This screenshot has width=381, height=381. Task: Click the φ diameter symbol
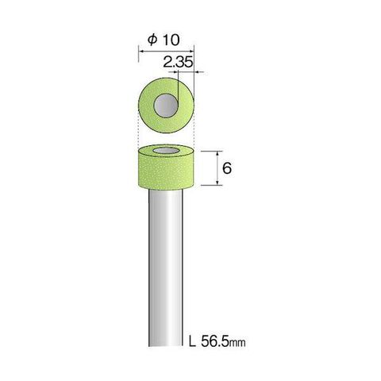point(152,40)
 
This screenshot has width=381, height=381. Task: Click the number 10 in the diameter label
point(171,40)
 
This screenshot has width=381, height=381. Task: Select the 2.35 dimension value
point(178,63)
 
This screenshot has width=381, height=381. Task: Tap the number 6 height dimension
point(227,167)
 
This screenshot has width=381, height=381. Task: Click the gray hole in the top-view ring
point(166,106)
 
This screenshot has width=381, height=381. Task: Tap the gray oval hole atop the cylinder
point(166,152)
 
